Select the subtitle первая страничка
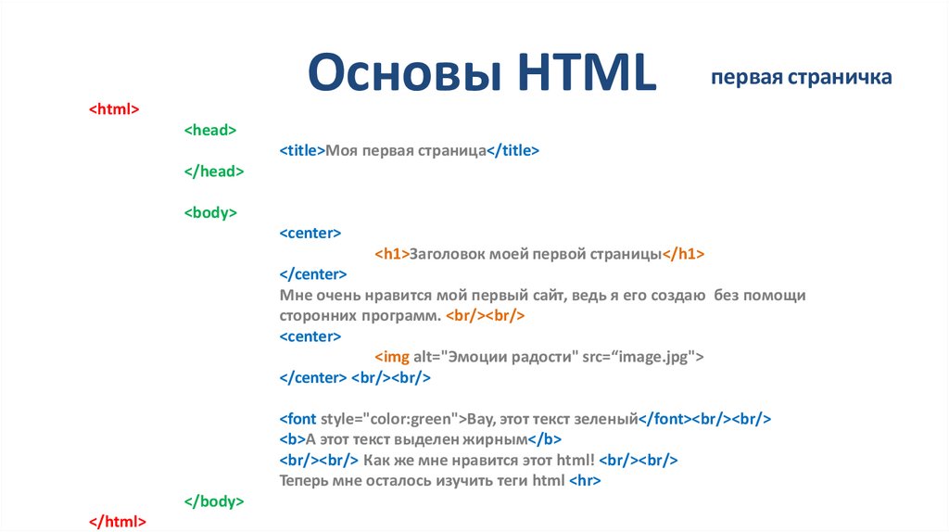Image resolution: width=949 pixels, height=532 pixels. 802,77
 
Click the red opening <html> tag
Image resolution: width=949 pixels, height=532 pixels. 114,109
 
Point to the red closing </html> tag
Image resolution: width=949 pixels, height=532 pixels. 117,522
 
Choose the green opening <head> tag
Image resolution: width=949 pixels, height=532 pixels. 210,131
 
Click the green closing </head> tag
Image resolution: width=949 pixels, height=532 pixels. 213,171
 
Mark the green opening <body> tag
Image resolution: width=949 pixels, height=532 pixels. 210,212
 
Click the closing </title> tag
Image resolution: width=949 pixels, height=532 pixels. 512,151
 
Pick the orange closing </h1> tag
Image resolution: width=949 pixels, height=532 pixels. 685,254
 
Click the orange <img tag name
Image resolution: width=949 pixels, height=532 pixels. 390,357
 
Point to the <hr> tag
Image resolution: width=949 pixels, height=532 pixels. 585,481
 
